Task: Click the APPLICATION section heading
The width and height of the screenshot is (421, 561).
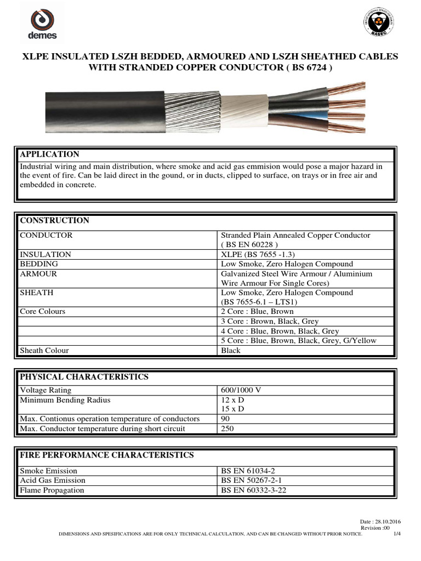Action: pos(49,154)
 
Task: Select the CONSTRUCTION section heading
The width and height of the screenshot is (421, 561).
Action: pos(54,220)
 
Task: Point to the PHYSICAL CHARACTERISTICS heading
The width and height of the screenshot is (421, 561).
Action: pos(84,377)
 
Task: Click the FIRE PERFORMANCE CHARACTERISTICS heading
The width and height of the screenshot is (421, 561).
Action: pos(106,455)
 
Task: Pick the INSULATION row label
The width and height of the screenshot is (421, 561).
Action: pos(45,254)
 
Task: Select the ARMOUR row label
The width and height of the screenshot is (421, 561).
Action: pos(38,273)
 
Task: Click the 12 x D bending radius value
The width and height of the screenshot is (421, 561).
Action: pos(232,400)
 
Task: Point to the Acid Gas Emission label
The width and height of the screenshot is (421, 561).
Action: pos(52,480)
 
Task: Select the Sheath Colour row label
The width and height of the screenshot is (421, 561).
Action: pos(44,350)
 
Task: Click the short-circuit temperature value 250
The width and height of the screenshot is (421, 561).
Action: pos(227,428)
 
